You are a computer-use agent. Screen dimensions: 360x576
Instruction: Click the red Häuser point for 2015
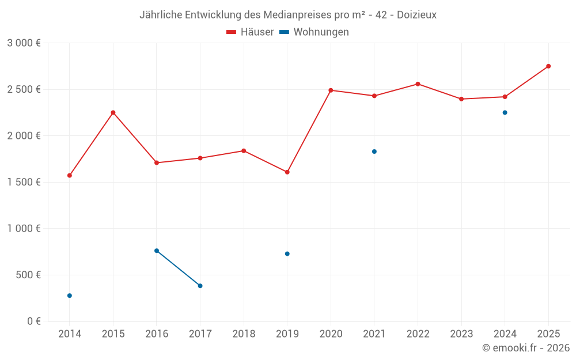(x=113, y=112)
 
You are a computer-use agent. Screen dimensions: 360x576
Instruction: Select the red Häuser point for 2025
(x=548, y=66)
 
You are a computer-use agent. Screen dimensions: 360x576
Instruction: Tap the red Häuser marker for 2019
(x=287, y=172)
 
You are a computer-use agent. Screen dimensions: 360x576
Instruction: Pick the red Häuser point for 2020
(x=331, y=90)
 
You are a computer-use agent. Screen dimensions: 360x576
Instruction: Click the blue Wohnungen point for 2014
(x=70, y=295)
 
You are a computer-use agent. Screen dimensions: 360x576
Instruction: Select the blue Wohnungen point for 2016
(x=157, y=251)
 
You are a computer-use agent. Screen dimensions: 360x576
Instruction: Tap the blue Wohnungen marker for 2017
(x=200, y=286)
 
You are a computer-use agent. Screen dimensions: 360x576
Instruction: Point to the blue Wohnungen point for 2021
(x=374, y=151)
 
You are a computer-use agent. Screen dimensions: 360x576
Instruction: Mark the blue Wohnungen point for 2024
(x=505, y=112)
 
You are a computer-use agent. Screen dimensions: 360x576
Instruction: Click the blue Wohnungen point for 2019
(x=287, y=253)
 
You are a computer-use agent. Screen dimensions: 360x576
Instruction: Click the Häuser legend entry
(x=250, y=32)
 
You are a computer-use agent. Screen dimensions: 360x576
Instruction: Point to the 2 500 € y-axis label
(x=24, y=89)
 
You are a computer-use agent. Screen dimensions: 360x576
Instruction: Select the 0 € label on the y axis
(x=34, y=321)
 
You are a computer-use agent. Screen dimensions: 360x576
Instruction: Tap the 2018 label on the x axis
(x=244, y=334)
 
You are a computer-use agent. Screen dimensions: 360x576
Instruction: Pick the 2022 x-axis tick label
(x=418, y=334)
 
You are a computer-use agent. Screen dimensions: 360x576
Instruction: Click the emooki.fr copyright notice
(x=526, y=348)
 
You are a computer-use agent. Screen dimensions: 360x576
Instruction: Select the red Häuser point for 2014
(x=70, y=175)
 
